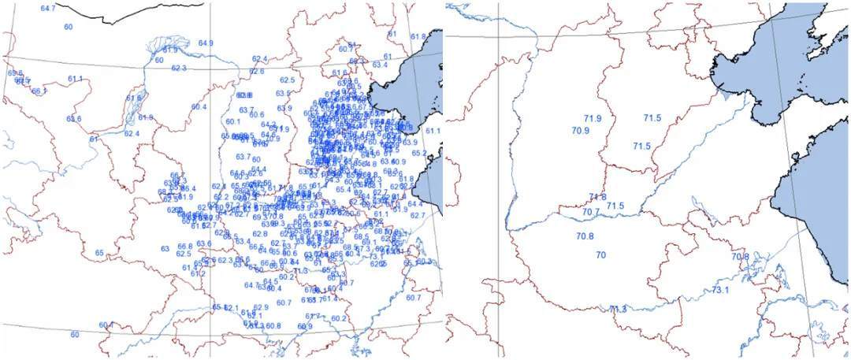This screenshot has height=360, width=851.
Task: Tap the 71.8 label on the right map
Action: coord(597,197)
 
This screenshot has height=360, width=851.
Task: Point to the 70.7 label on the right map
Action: coord(590,212)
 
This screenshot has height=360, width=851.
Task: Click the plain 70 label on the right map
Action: coord(601,255)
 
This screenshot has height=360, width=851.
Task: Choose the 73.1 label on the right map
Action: coord(720,291)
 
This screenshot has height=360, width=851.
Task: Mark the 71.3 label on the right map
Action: coord(618,309)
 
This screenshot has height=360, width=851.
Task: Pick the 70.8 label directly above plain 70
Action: coord(584,236)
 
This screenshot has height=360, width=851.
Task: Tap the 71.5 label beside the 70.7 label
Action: coord(615,206)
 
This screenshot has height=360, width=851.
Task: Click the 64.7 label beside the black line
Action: coord(48,8)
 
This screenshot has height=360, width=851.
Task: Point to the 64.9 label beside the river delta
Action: coord(206,43)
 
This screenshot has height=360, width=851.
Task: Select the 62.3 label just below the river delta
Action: coord(179,69)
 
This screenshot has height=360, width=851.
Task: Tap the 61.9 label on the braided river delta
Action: coord(170,50)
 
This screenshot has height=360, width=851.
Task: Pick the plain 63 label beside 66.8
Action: coord(165,249)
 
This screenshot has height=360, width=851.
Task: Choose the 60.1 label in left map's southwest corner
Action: coord(106,325)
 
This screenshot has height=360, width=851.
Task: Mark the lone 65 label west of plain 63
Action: coord(99,253)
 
